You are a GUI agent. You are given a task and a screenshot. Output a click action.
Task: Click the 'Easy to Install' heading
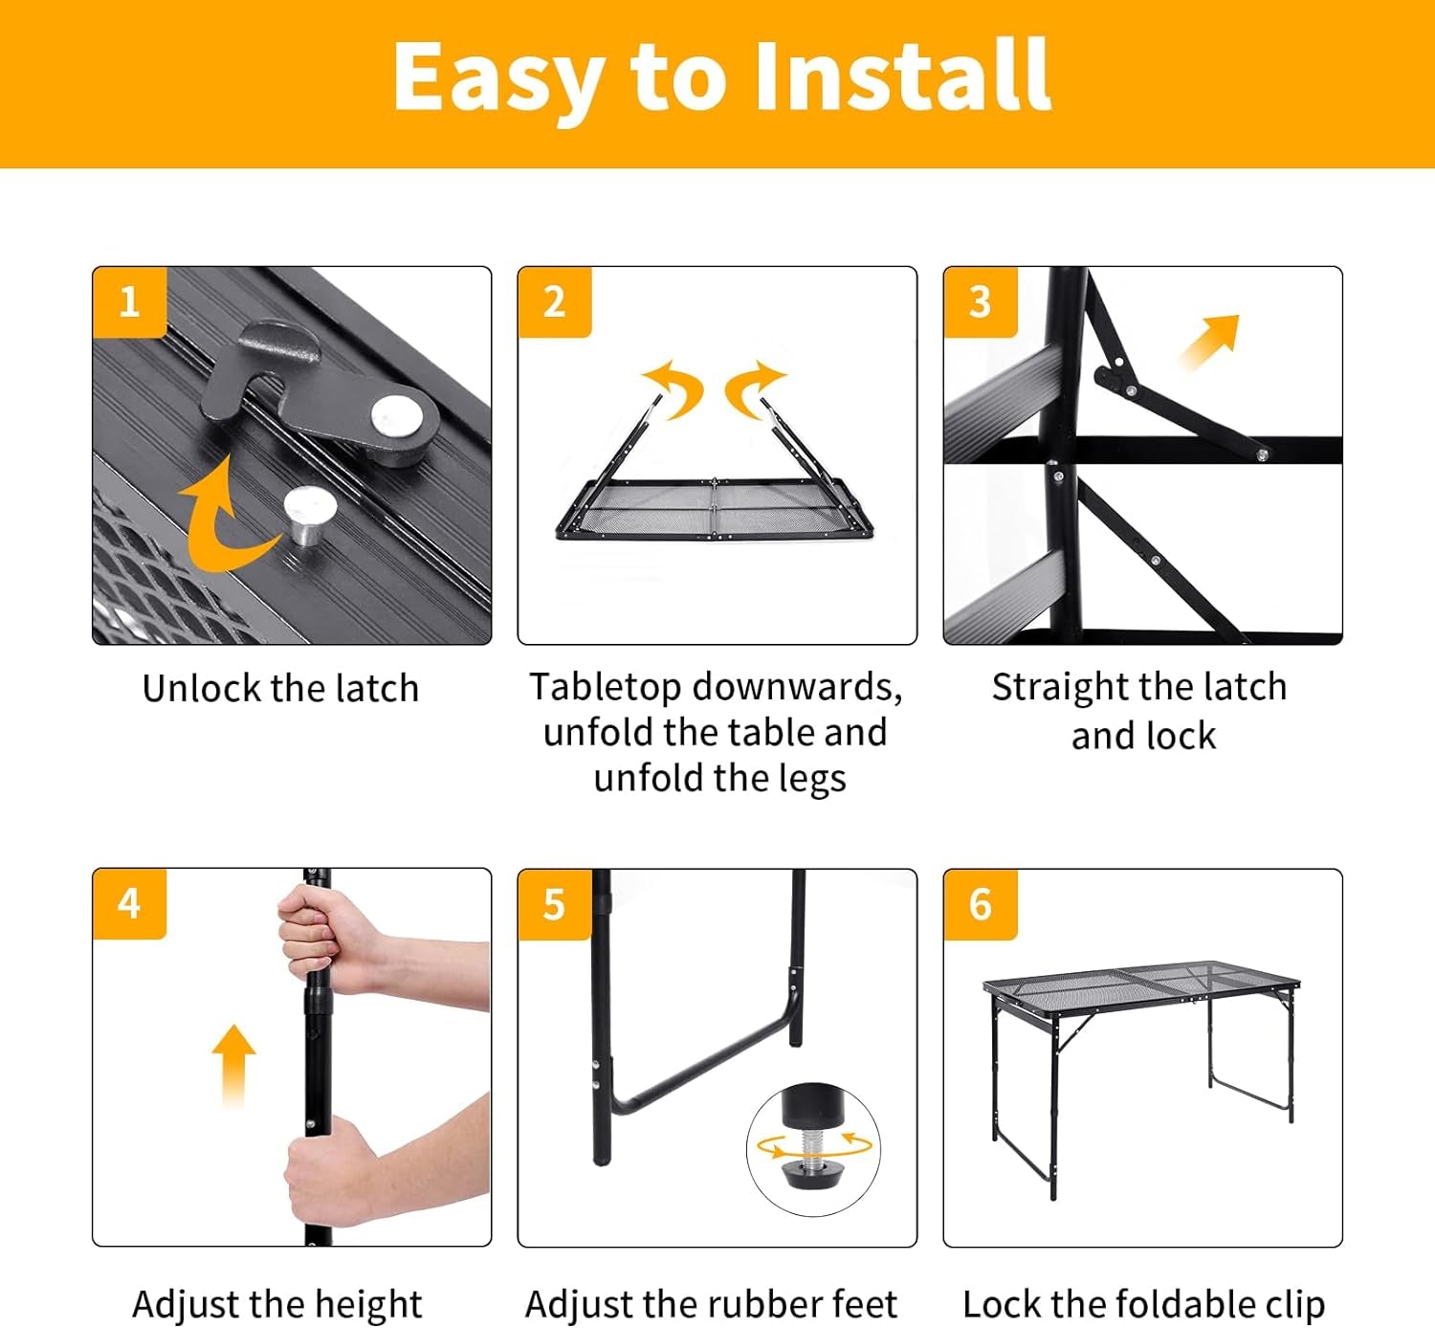click(x=721, y=77)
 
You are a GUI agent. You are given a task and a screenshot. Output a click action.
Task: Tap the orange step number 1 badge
click(x=129, y=302)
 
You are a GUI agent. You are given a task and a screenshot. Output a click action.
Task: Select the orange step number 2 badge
click(x=554, y=302)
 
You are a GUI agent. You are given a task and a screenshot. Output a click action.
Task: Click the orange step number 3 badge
click(x=980, y=302)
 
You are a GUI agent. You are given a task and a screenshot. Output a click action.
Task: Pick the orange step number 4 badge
click(x=129, y=904)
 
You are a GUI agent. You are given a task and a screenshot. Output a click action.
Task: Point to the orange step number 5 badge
click(x=554, y=904)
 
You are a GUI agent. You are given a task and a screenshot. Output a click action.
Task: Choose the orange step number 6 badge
click(x=980, y=904)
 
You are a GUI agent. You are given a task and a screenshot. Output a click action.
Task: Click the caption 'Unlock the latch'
click(x=280, y=688)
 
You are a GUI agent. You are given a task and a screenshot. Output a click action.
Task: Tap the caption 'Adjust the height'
click(x=277, y=1304)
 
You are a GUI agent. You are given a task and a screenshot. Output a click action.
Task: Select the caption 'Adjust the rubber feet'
click(x=711, y=1304)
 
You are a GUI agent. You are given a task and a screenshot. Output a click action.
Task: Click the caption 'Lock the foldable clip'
click(x=1143, y=1304)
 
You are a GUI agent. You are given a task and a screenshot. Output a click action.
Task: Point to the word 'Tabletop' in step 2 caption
click(x=606, y=687)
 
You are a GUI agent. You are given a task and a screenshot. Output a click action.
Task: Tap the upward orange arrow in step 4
click(x=233, y=1062)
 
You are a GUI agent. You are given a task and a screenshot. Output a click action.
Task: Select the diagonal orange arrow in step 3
click(x=1211, y=341)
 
